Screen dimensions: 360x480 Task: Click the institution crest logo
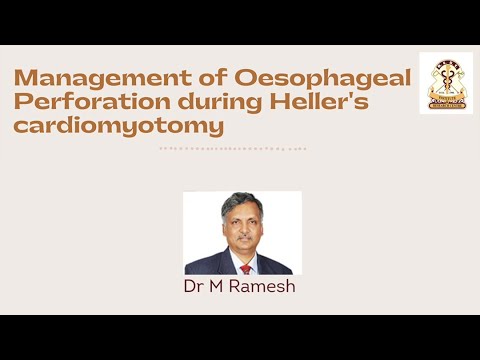[446, 82]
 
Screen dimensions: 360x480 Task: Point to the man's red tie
[244, 267]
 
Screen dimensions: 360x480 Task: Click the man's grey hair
[241, 199]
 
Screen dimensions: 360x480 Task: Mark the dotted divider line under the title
[233, 148]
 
